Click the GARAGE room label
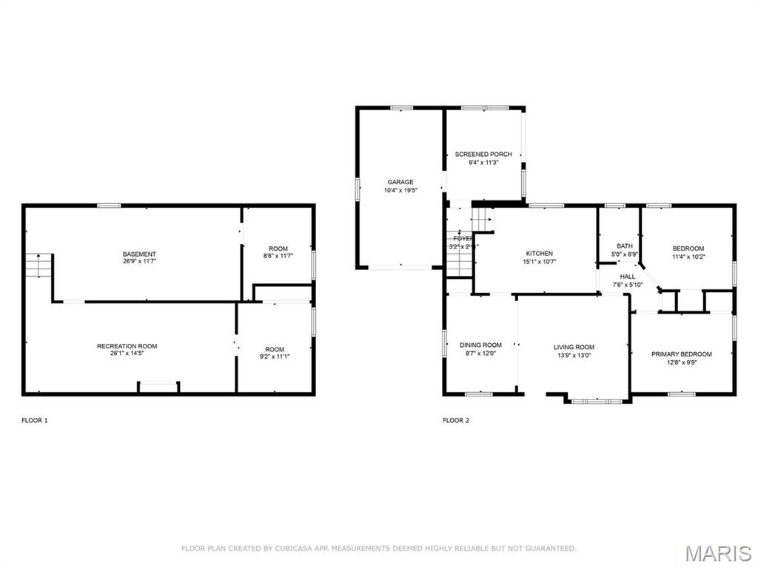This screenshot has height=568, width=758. point(400,182)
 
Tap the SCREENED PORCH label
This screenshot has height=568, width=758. point(483,154)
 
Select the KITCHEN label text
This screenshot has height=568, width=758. point(539,254)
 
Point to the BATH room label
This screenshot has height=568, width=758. point(625,246)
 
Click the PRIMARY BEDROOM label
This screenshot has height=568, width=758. point(681,354)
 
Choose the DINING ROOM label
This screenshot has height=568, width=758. point(480,345)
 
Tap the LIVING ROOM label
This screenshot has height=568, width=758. point(574,347)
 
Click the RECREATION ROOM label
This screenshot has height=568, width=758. point(127,346)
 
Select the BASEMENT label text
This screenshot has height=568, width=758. point(139,254)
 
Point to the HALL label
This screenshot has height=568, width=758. point(628,277)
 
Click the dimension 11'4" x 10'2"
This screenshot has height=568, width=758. point(688,257)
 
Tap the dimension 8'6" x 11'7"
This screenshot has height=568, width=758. point(278,257)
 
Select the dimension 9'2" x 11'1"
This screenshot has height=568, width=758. point(275,358)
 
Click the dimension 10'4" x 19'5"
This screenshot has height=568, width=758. point(400,191)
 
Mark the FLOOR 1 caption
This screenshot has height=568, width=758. point(35,421)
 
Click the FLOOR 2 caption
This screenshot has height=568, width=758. point(456,421)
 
